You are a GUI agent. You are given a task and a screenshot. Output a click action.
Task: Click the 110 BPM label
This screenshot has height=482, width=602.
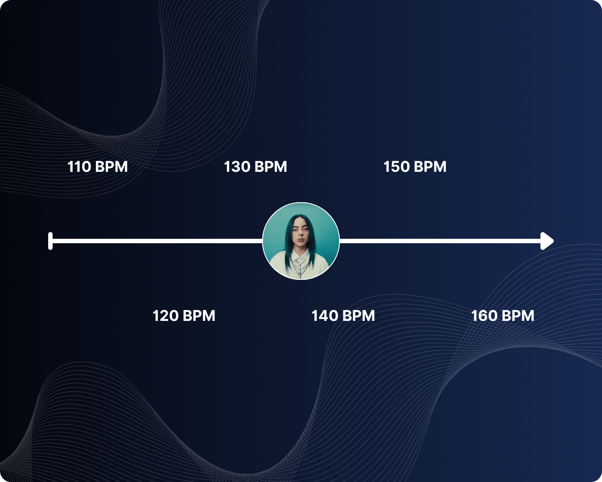click(x=97, y=167)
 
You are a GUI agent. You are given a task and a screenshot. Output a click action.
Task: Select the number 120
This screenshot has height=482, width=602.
click(x=166, y=316)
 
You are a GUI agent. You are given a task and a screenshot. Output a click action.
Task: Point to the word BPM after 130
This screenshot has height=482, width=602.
click(x=271, y=167)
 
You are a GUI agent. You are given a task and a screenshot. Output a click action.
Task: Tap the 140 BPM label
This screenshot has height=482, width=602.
click(x=343, y=316)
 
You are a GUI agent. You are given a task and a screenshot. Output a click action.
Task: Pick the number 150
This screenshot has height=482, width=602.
click(x=396, y=167)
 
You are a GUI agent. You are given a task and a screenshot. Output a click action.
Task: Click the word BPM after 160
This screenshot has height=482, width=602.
click(x=518, y=316)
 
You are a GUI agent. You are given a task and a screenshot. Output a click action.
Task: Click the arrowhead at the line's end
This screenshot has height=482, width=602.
click(x=547, y=241)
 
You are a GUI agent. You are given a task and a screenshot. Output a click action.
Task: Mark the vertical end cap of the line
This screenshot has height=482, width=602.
click(x=50, y=241)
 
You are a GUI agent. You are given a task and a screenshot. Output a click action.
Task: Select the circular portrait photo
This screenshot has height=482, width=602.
click(x=301, y=241)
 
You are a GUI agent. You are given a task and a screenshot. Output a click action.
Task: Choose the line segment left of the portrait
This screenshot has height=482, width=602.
click(x=156, y=241)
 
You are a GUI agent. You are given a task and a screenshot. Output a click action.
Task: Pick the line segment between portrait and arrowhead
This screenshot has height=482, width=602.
click(x=439, y=241)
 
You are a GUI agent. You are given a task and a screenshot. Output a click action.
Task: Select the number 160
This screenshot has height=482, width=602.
click(x=484, y=316)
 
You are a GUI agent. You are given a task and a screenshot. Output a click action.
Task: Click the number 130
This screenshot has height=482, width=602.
click(x=237, y=167)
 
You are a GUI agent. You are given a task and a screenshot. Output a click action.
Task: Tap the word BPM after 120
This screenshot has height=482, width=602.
click(x=199, y=316)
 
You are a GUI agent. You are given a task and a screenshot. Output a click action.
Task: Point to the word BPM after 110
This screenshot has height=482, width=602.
click(x=111, y=167)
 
